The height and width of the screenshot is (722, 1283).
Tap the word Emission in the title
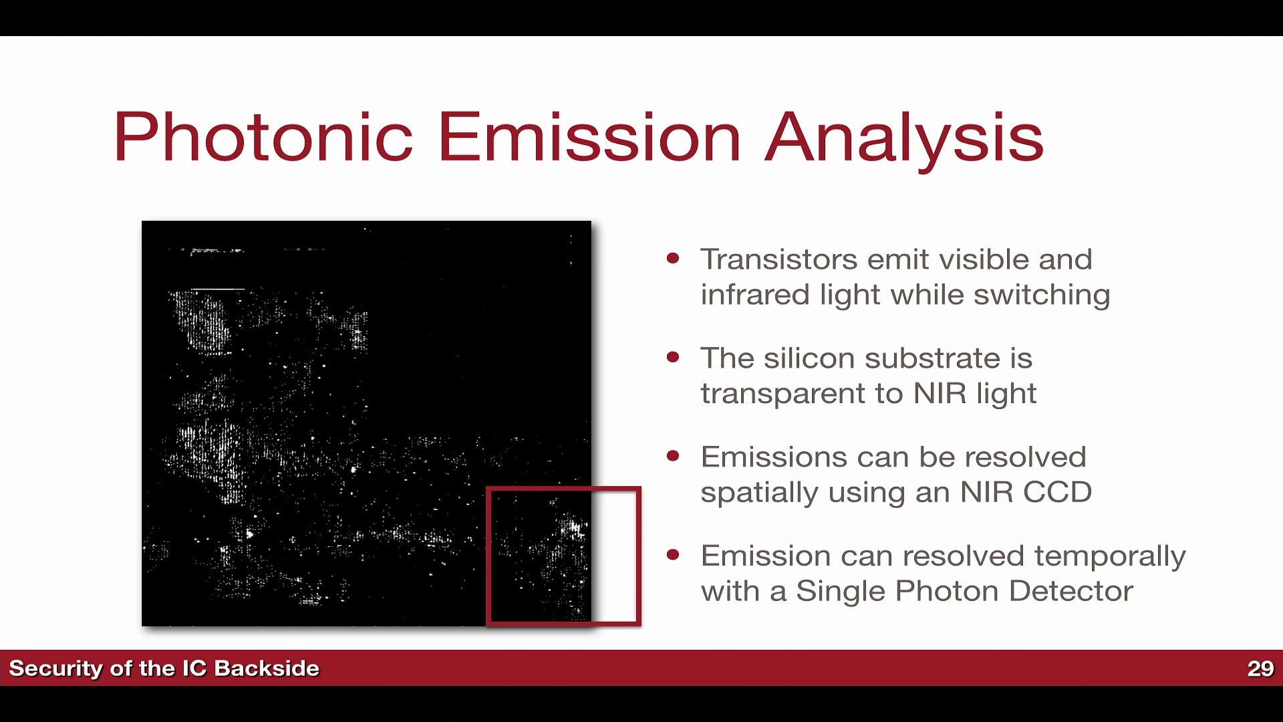pos(589,137)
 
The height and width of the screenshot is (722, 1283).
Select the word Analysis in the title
pos(904,141)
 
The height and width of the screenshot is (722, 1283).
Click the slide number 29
pos(1260,669)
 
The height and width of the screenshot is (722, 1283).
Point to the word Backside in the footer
pos(267,669)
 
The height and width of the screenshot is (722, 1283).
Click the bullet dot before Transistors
pos(673,259)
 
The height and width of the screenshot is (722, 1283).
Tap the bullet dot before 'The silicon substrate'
pos(673,358)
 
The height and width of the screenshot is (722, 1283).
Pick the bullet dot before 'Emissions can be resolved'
pos(673,457)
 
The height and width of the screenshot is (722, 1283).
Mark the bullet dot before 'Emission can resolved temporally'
pos(673,555)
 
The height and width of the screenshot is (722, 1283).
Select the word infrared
pos(755,294)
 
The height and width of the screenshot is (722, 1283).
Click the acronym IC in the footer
pos(194,669)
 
